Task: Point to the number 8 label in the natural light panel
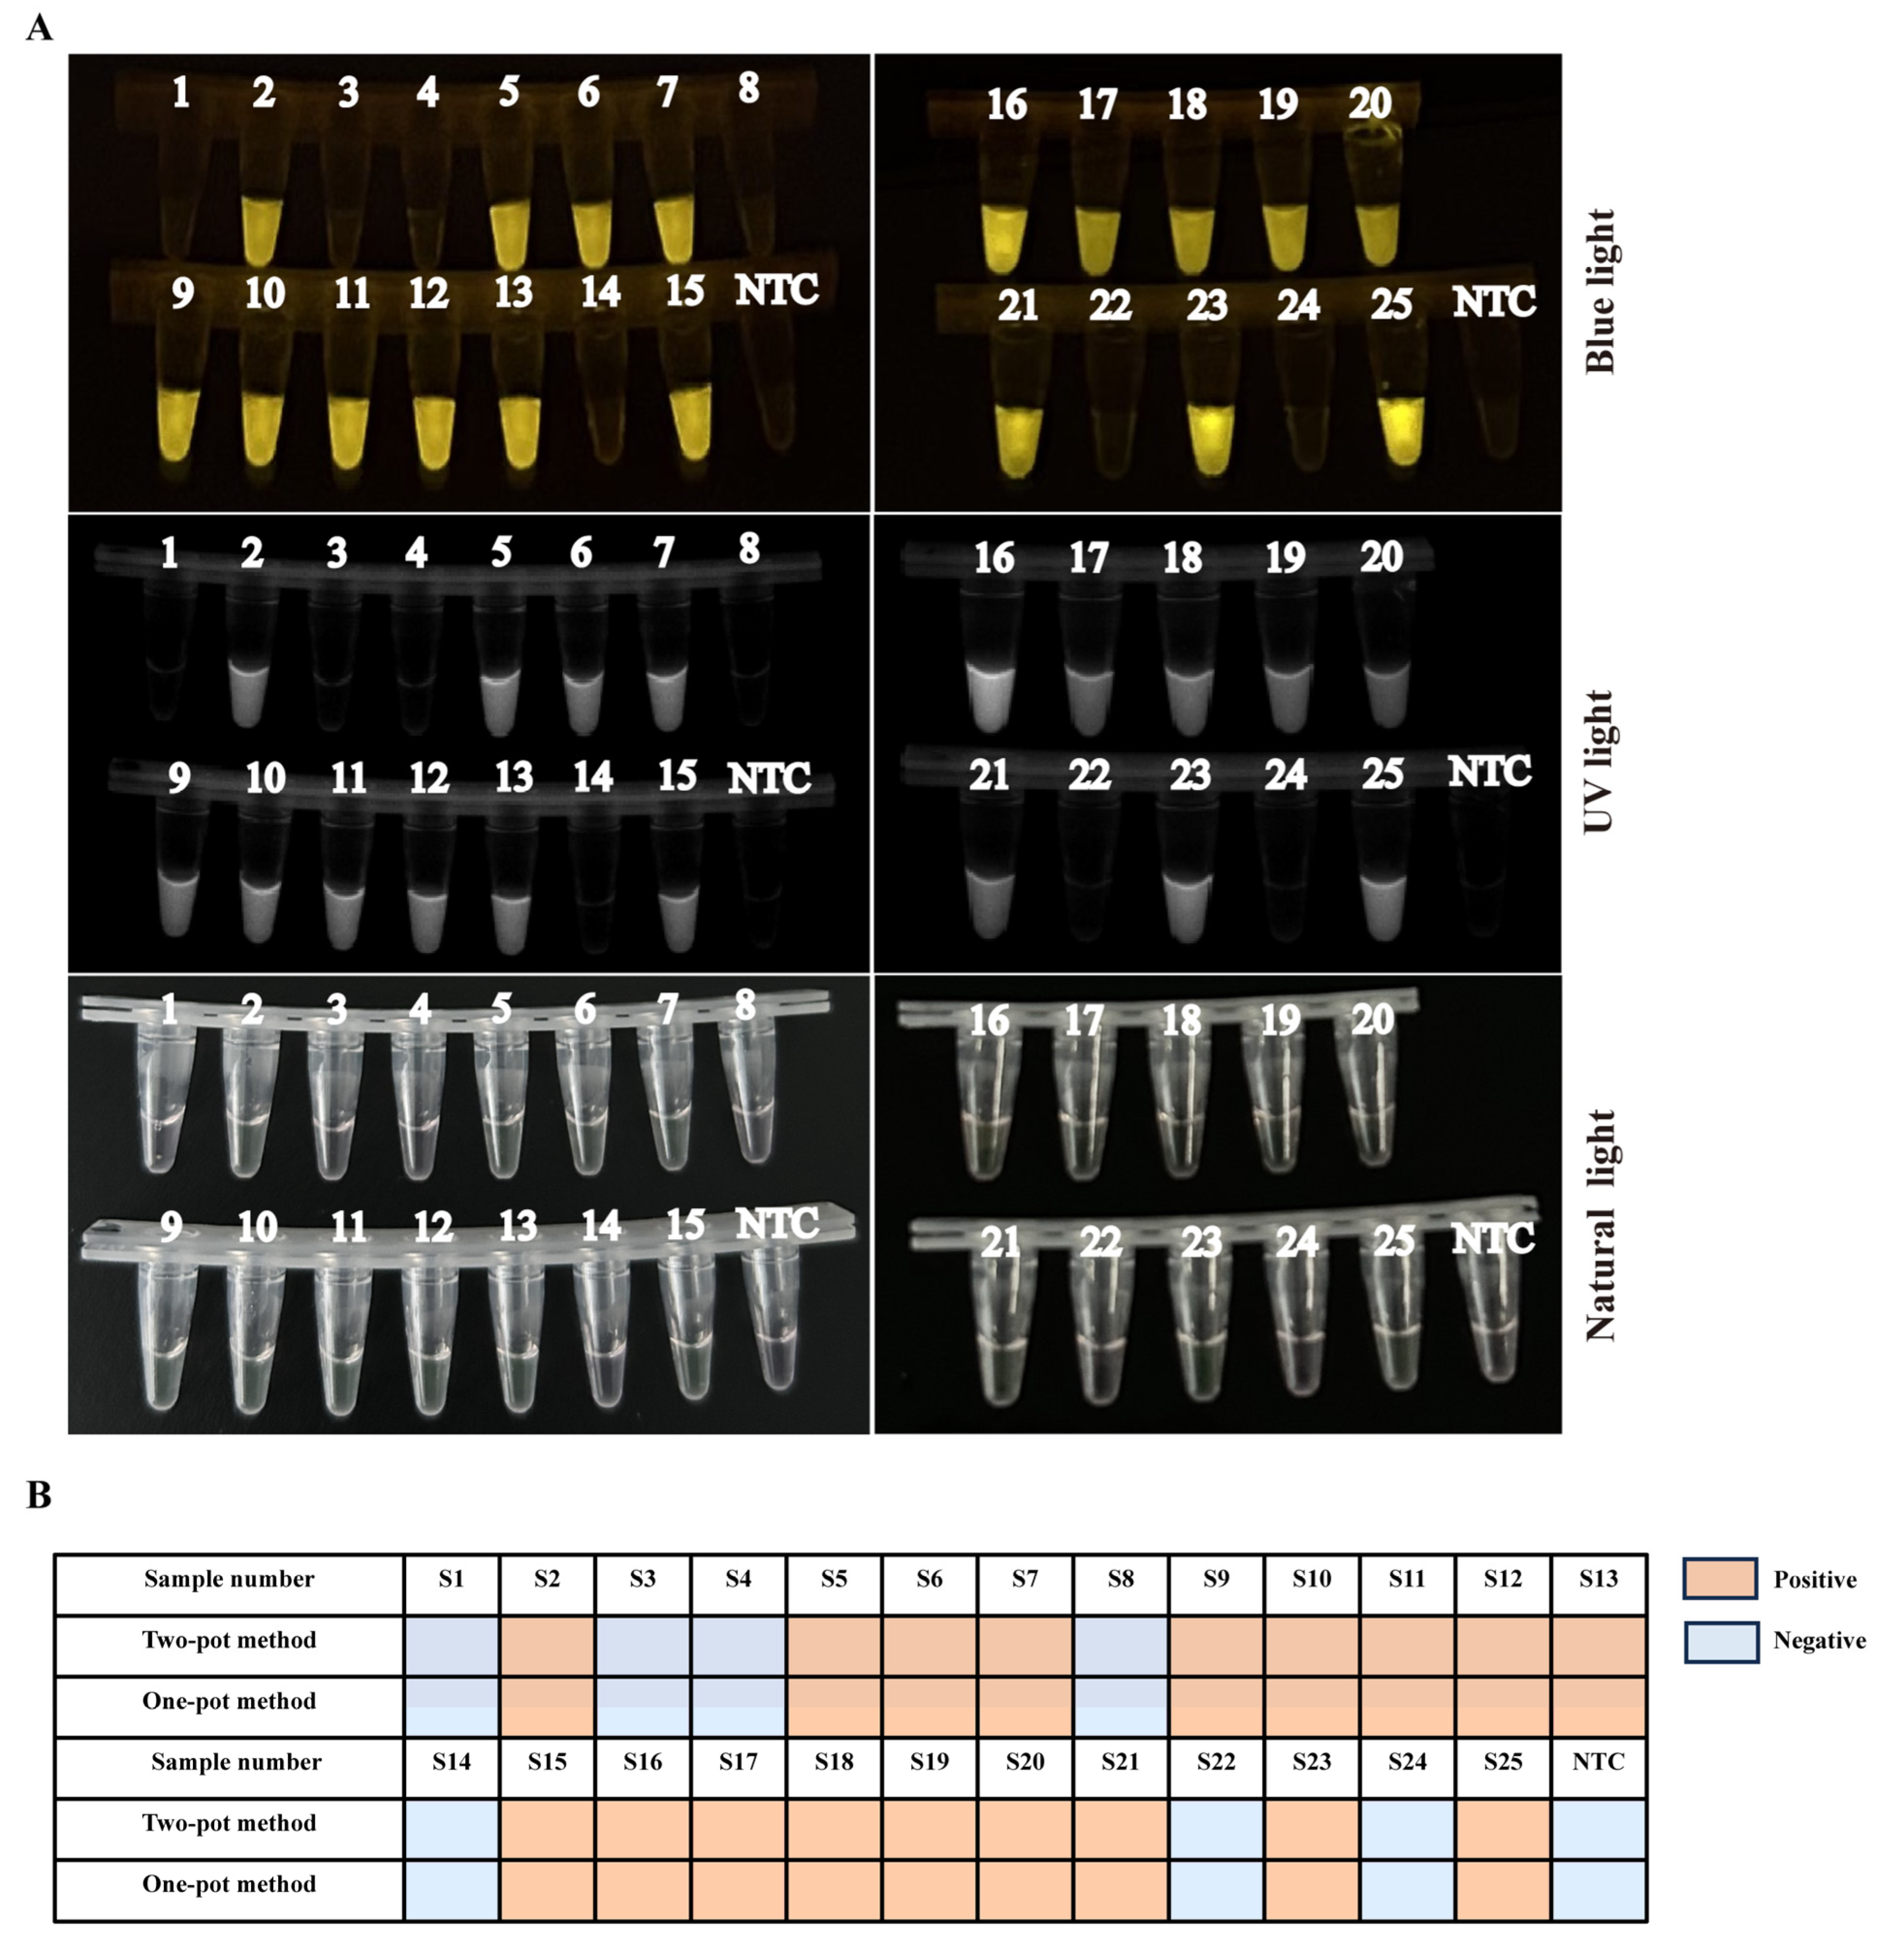click(x=746, y=1005)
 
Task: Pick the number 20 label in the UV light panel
click(x=1381, y=558)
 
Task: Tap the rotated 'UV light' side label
click(x=1599, y=761)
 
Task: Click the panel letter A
click(x=40, y=28)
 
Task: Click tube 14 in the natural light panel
click(x=601, y=1327)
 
